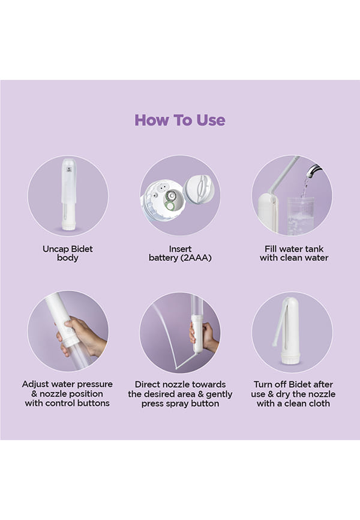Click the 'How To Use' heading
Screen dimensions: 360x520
[179, 120]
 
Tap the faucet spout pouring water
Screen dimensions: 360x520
[313, 171]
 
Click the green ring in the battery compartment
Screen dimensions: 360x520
[170, 206]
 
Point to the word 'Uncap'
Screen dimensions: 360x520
[56, 249]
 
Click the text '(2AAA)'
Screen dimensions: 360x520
[196, 258]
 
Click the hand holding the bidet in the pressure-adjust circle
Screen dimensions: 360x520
[82, 337]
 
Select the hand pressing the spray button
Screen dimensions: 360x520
[205, 337]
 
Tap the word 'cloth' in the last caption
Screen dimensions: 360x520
[318, 404]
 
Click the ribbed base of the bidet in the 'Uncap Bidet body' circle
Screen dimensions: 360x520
[69, 226]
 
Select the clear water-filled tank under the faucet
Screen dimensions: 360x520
[300, 216]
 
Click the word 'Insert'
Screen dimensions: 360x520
[180, 249]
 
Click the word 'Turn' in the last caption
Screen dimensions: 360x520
[263, 384]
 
